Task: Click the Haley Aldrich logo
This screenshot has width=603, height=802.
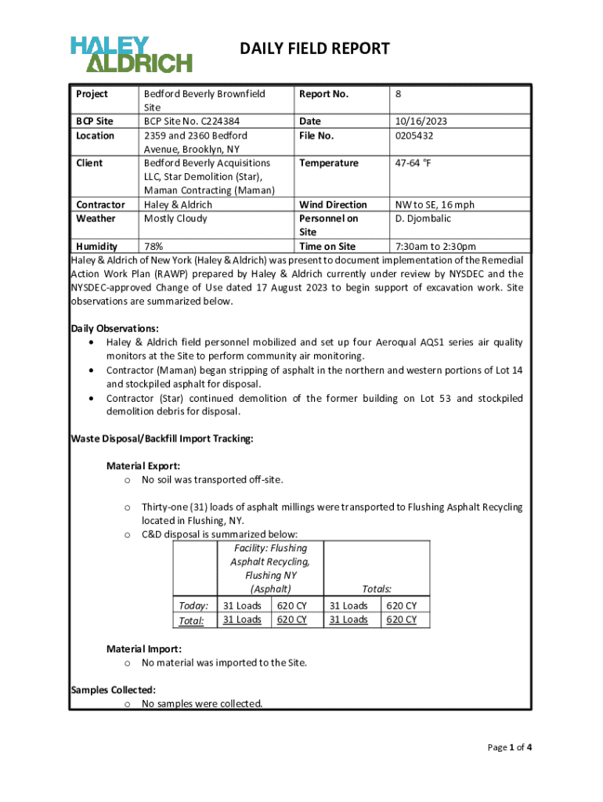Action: (131, 53)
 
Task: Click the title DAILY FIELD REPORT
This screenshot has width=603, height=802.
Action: (314, 49)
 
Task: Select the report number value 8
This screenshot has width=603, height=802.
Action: (398, 94)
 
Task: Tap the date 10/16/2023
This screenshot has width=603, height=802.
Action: (421, 121)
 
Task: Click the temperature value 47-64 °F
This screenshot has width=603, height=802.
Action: (417, 163)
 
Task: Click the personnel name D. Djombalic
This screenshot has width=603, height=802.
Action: (423, 219)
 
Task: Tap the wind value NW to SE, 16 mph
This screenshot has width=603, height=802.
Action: (434, 204)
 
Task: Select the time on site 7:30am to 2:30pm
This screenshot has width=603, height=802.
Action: (435, 247)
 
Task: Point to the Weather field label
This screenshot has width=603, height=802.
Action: (95, 219)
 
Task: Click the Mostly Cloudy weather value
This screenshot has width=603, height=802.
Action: (175, 219)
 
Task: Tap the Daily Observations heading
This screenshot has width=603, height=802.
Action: (115, 328)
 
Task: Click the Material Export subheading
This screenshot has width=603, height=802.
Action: (143, 466)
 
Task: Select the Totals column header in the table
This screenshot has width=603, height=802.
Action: (377, 589)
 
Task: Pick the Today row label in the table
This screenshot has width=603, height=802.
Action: (193, 605)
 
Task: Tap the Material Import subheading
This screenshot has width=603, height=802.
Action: (144, 648)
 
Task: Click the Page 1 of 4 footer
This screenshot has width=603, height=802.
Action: (510, 747)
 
